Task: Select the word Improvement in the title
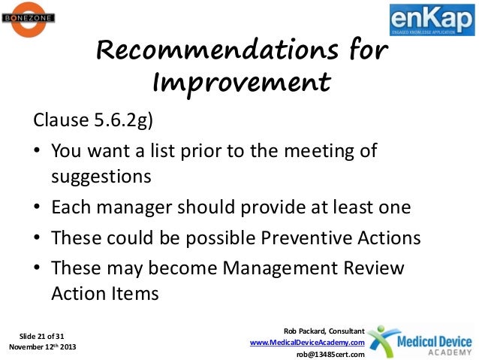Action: tap(240, 80)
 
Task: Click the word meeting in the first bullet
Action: tap(314, 151)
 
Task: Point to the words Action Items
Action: tap(104, 294)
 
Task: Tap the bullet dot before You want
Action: tap(37, 152)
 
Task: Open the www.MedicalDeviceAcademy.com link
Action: tap(306, 343)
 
